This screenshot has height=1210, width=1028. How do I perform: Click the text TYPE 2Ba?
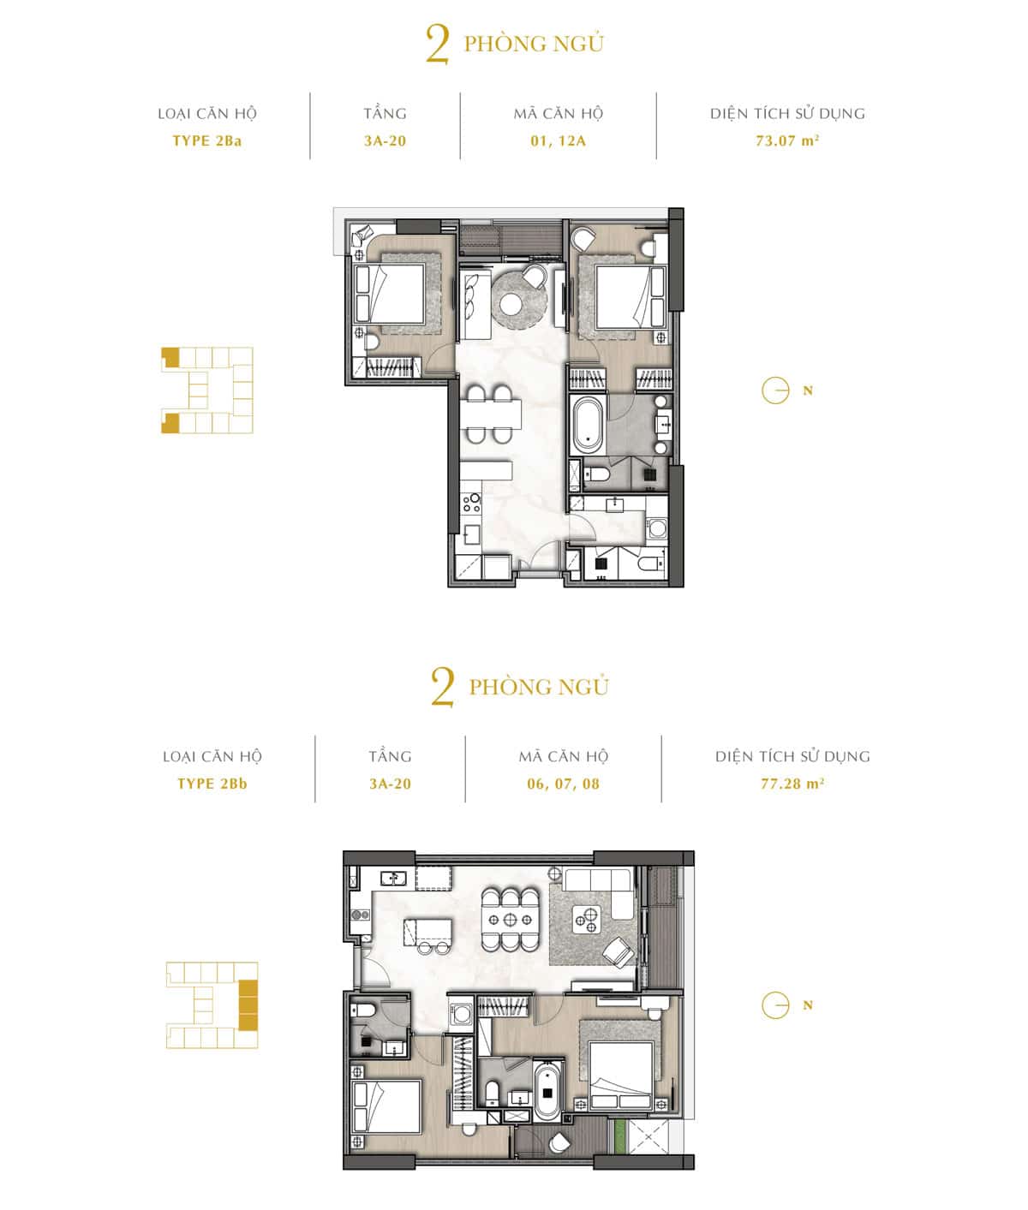coord(206,141)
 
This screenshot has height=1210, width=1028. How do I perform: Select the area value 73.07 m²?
coord(787,140)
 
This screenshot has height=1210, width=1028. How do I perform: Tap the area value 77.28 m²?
coord(792,784)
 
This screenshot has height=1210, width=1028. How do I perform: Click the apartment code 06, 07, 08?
coord(564,784)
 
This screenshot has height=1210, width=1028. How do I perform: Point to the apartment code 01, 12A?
coord(559,141)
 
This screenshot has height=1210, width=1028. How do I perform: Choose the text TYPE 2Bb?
coord(212,784)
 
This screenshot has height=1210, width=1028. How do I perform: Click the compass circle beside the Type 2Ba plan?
coord(775,390)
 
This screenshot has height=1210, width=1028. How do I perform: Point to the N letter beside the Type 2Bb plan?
coord(808,1005)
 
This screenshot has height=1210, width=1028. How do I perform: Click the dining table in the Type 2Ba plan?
coord(491,414)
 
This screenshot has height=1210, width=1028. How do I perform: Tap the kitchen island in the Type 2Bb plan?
coord(427,931)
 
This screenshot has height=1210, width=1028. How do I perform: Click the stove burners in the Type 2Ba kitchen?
coord(471,503)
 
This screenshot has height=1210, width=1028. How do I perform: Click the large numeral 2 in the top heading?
coord(438,45)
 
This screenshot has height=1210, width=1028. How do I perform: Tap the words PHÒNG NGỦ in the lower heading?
coord(539,687)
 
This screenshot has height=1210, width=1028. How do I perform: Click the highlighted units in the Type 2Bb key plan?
coord(248,998)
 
